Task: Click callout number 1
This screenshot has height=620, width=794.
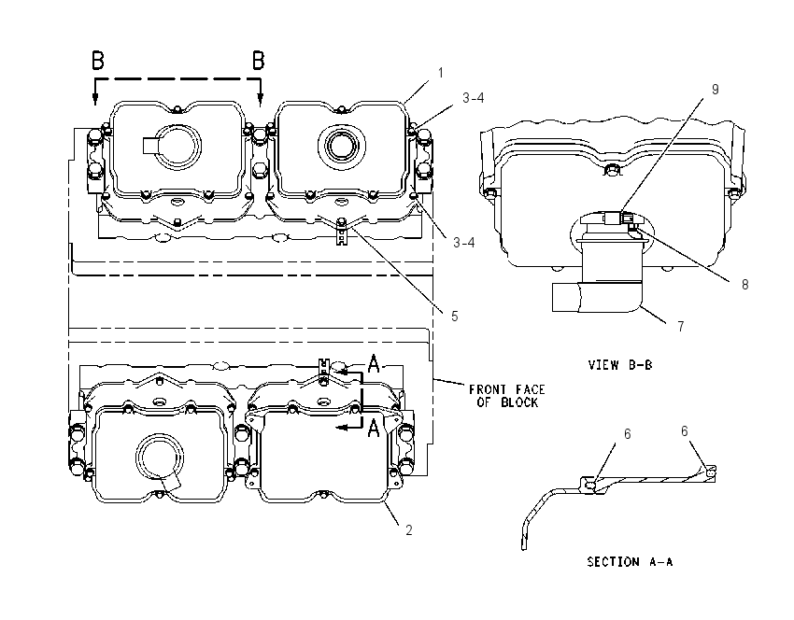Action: [x=441, y=73]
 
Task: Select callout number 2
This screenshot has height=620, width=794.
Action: [x=408, y=530]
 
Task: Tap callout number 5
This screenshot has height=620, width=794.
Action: [x=454, y=317]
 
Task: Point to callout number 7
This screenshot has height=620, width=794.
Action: [x=681, y=327]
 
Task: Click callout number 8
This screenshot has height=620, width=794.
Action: [x=744, y=285]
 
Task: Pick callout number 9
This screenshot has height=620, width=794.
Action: [x=715, y=90]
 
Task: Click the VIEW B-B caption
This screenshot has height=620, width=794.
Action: [x=620, y=365]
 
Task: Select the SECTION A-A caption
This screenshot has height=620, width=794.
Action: [x=630, y=562]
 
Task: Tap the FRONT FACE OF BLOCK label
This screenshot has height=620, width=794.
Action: [x=507, y=396]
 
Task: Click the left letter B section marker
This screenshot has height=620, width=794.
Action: [x=98, y=61]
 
